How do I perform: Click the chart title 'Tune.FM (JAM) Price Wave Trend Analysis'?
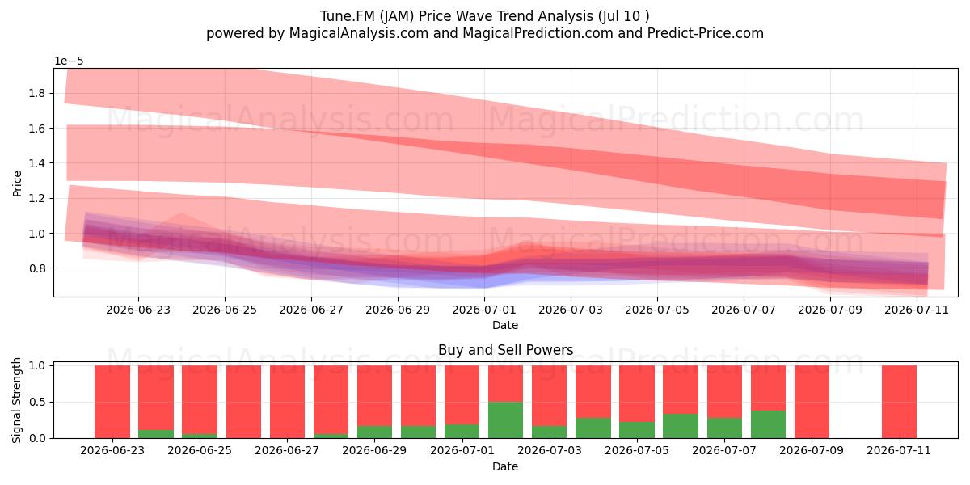click(457, 16)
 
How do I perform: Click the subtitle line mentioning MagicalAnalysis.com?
click(484, 33)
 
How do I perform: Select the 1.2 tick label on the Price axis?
click(37, 198)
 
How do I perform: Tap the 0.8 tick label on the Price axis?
click(37, 268)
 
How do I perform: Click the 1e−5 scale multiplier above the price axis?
click(69, 61)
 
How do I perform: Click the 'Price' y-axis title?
click(17, 183)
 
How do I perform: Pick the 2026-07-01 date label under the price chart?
click(484, 310)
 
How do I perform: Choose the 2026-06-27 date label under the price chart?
click(311, 310)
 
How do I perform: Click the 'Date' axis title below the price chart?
click(505, 325)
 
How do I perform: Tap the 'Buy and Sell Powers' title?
click(505, 350)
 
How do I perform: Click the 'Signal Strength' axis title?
click(17, 401)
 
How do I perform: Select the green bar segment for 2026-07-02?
click(505, 420)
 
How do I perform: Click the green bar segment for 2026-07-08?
click(768, 424)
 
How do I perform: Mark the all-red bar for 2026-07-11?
click(900, 402)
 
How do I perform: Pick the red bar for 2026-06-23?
click(112, 402)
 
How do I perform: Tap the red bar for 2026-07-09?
click(812, 402)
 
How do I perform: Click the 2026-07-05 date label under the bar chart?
click(637, 451)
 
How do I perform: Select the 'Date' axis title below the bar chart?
click(505, 467)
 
